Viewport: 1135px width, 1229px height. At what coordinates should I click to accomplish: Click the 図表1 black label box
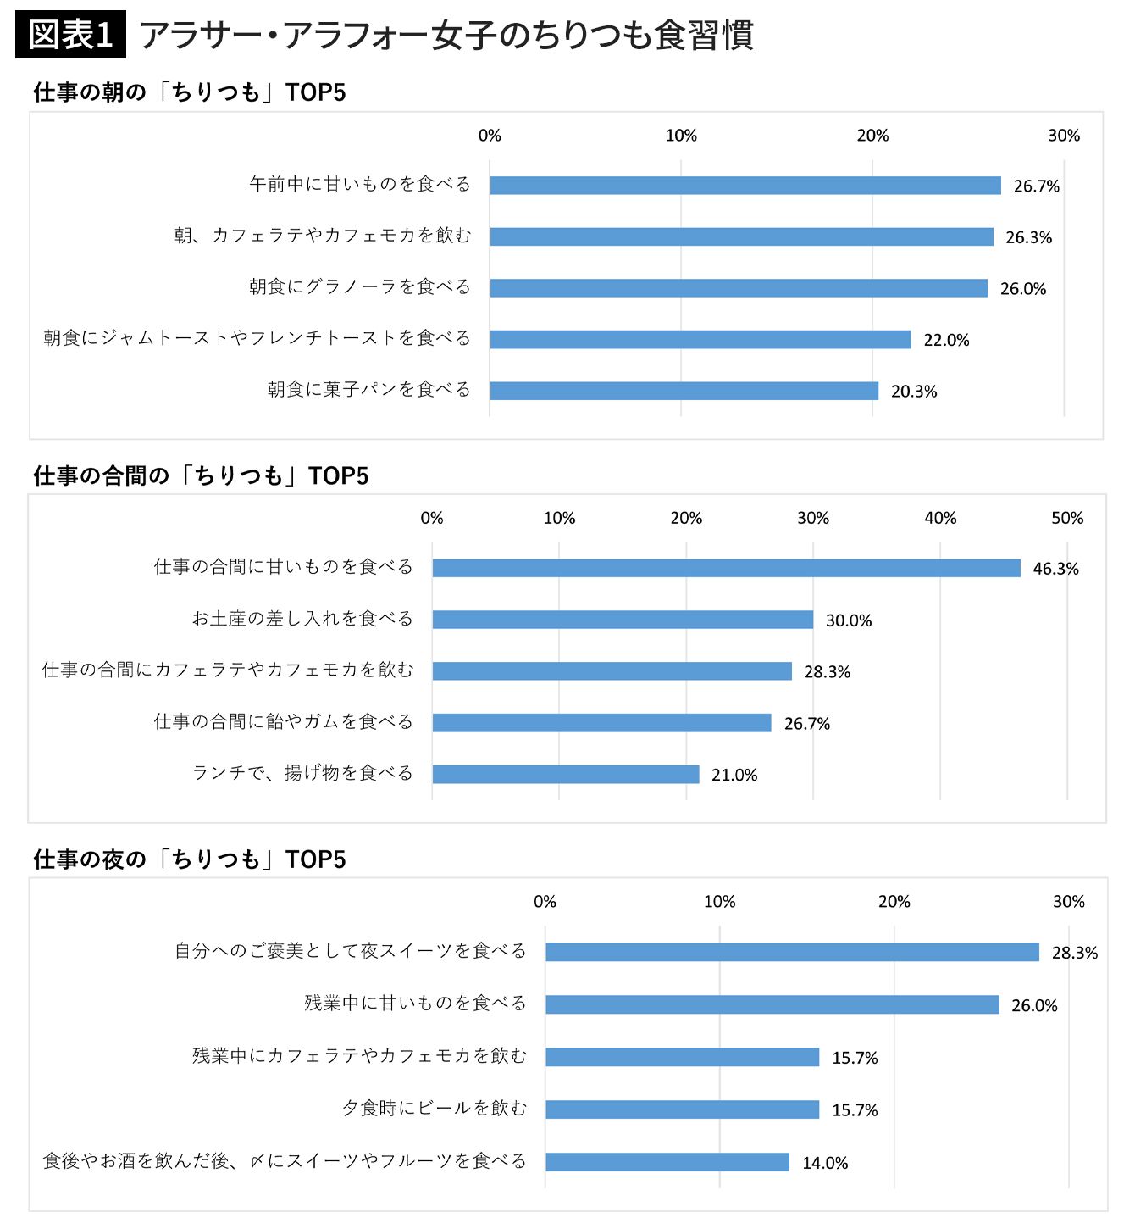[x=70, y=35]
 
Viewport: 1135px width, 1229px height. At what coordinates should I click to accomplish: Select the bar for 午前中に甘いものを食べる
[x=745, y=186]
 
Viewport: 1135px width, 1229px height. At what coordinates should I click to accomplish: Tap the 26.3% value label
[x=1028, y=238]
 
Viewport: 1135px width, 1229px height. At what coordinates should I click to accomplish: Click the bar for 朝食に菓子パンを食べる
[x=684, y=391]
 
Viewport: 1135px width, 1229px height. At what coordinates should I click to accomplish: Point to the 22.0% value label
[x=946, y=341]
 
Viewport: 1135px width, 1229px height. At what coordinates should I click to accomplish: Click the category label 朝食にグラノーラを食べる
[x=359, y=287]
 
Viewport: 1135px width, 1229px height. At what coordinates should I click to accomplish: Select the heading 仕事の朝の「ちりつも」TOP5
[x=190, y=92]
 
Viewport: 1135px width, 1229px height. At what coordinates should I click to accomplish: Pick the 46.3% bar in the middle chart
[x=726, y=568]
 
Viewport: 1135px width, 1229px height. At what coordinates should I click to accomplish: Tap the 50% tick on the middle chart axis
[x=1067, y=518]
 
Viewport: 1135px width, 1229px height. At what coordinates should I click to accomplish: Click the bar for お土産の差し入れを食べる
[x=623, y=620]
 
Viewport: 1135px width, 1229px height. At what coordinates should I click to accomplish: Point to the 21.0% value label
[x=734, y=775]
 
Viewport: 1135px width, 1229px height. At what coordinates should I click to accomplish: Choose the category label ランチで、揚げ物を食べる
[x=302, y=773]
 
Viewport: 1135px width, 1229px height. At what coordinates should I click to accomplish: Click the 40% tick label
[x=940, y=518]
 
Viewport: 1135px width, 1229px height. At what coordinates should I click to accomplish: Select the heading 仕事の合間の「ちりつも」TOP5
[x=201, y=475]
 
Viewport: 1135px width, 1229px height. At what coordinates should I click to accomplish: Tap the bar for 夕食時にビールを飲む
[x=682, y=1109]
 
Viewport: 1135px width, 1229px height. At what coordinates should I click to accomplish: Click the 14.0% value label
[x=825, y=1163]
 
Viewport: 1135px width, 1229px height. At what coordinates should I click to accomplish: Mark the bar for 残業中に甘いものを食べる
[x=772, y=1004]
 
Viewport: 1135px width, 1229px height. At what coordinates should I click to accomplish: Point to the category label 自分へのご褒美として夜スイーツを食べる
[x=351, y=951]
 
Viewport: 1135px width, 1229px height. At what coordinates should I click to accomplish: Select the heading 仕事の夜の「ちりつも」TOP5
[x=190, y=859]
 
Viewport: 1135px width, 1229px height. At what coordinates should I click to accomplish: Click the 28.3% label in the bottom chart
[x=1074, y=953]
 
